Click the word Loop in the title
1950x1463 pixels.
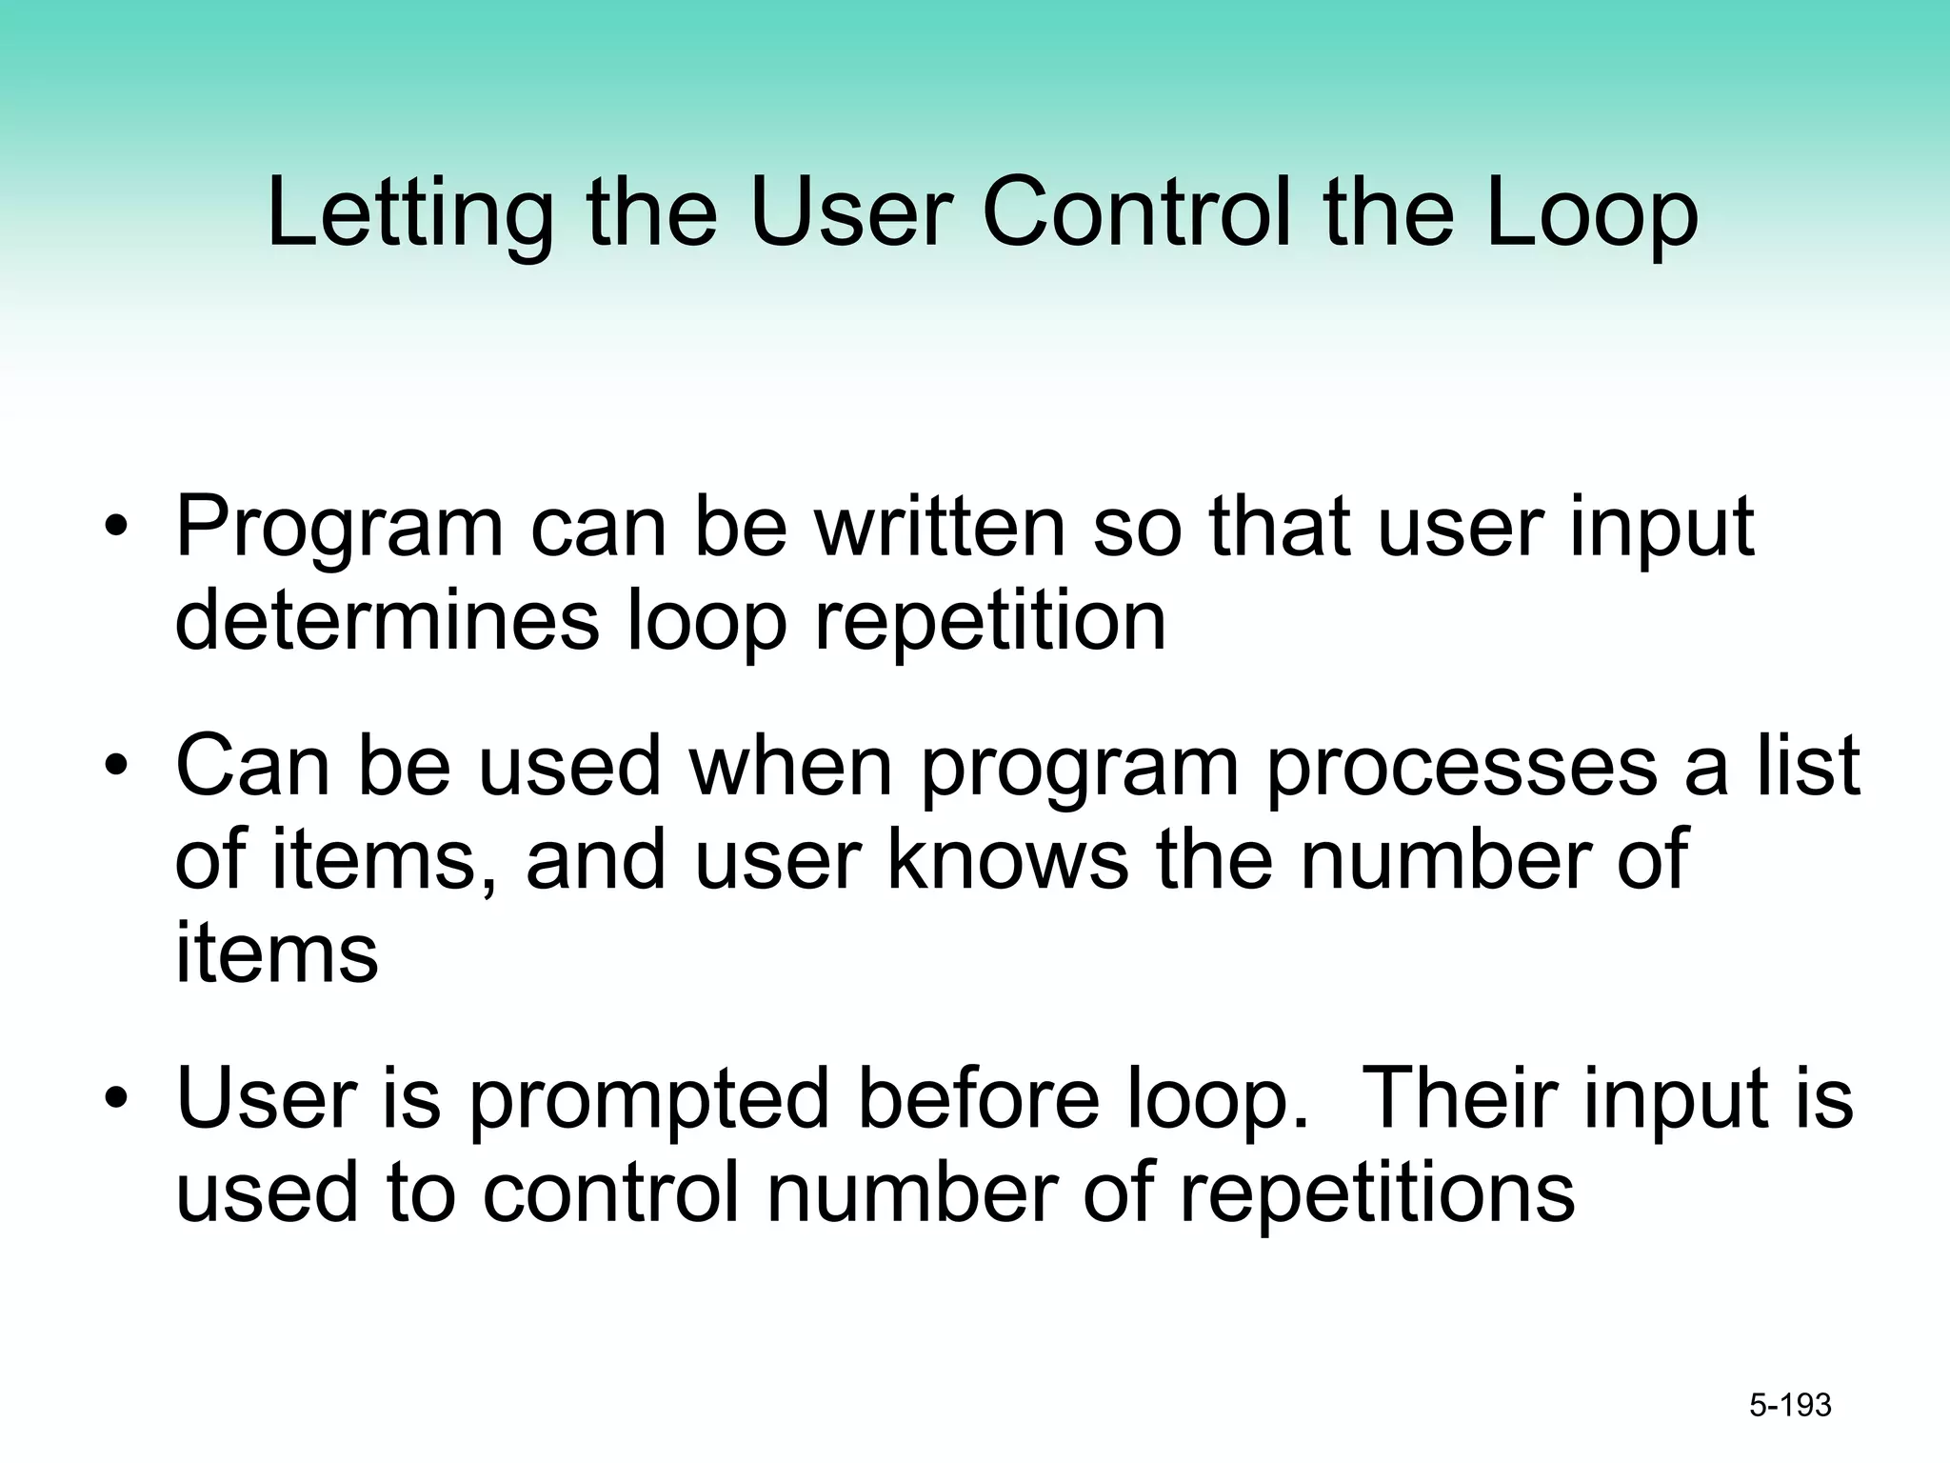(1591, 215)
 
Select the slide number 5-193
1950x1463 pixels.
(1790, 1405)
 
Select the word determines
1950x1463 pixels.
(387, 621)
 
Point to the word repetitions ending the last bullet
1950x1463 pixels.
(1377, 1194)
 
